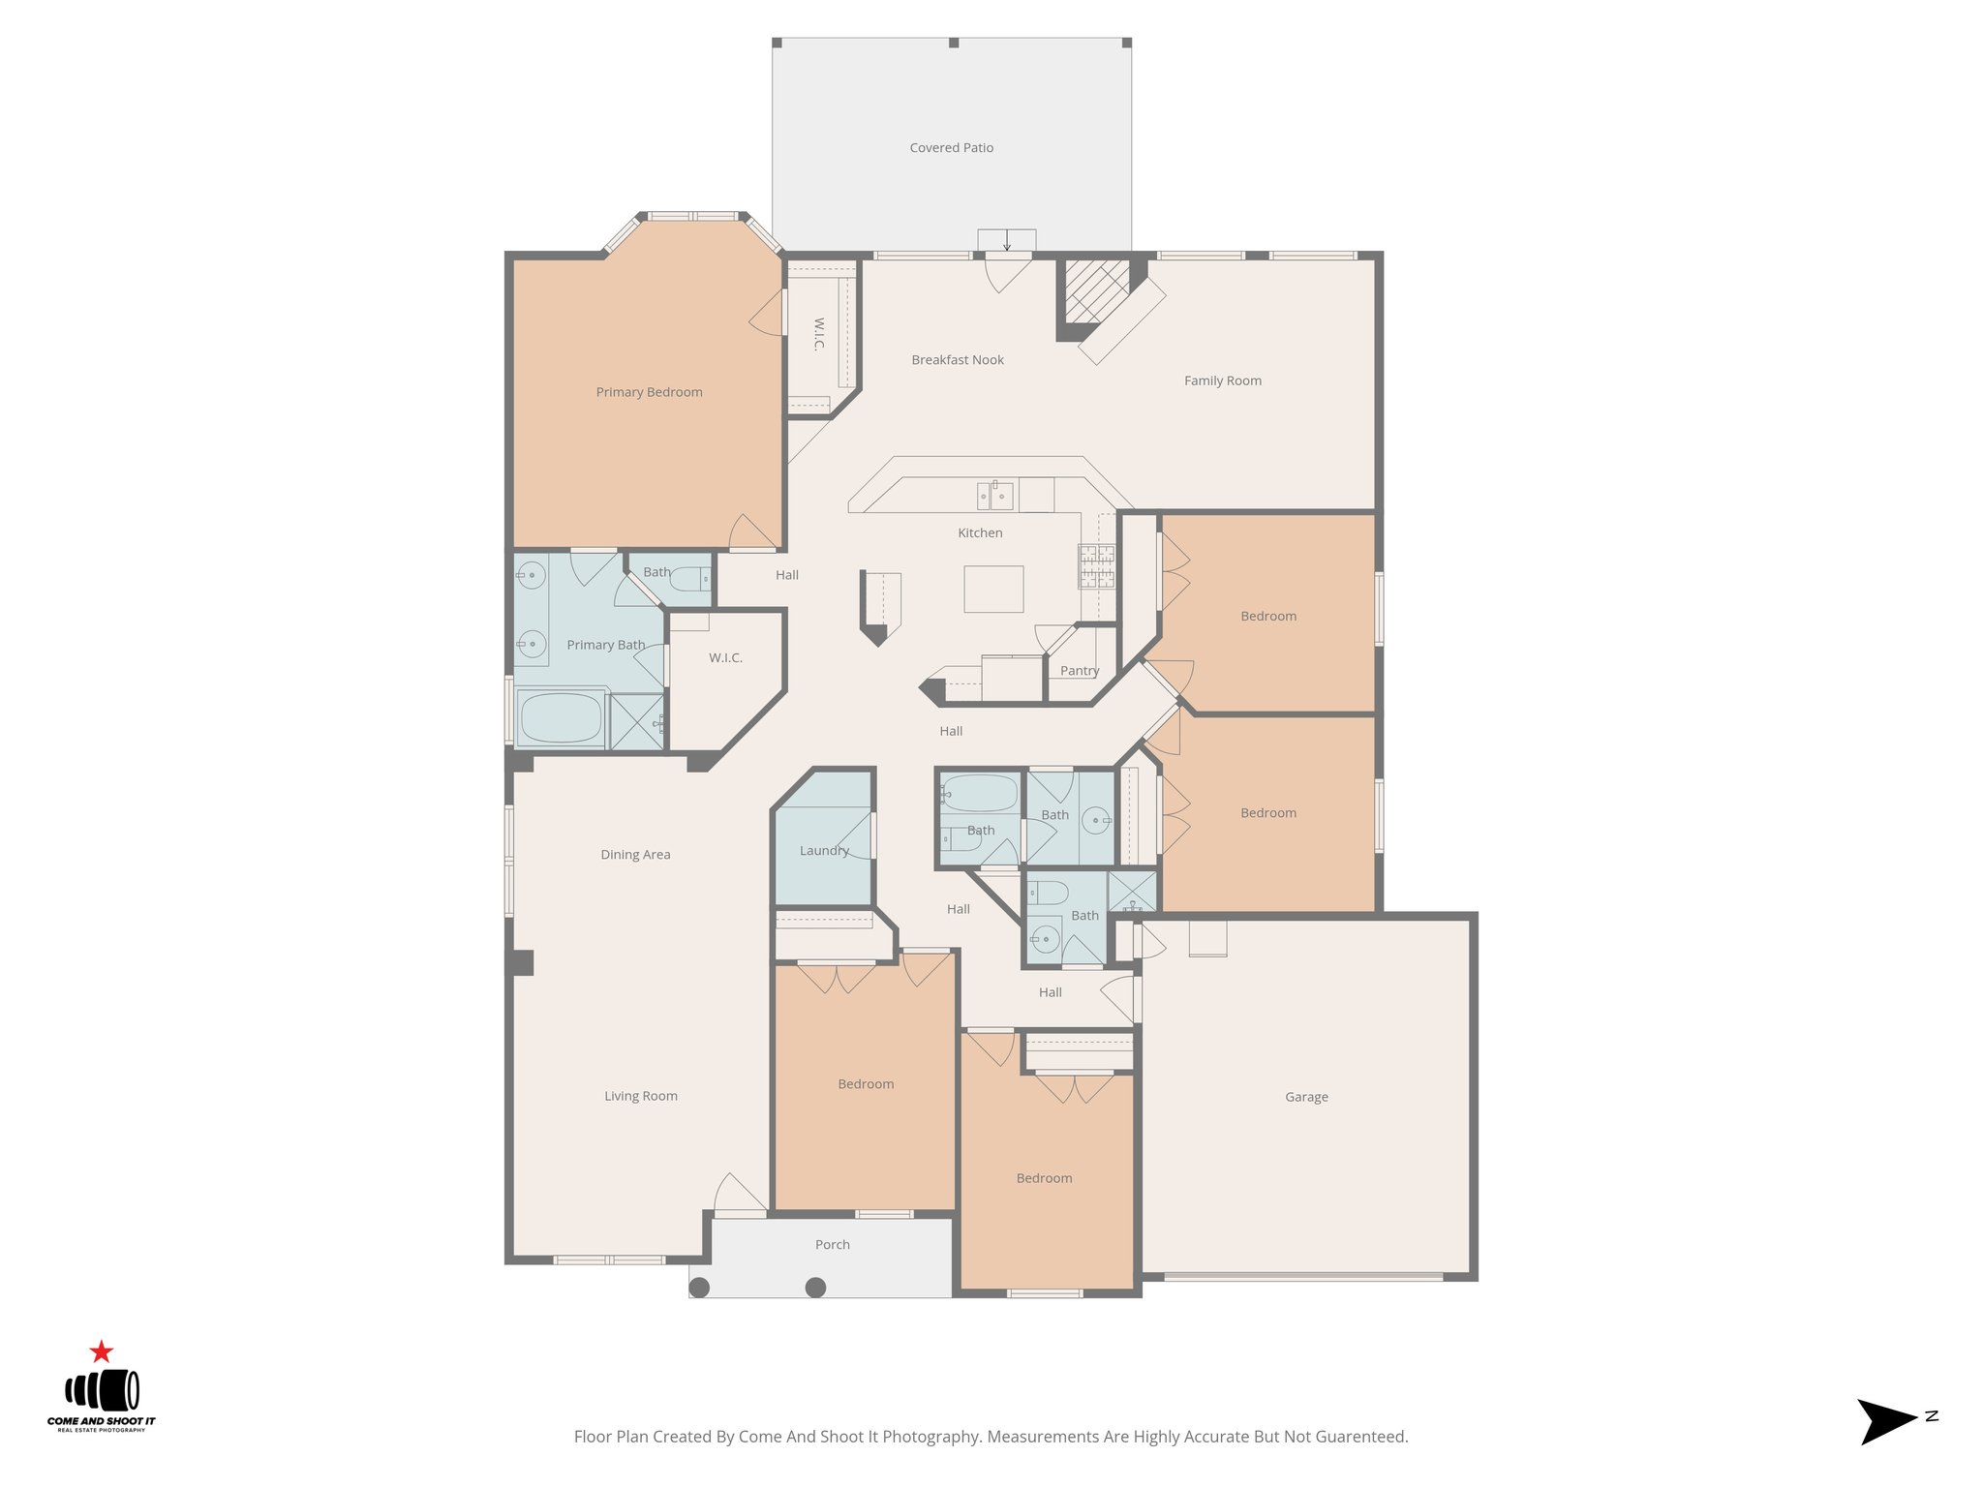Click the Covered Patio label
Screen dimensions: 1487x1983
[x=951, y=148]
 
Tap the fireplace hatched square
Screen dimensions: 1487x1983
[x=1097, y=290]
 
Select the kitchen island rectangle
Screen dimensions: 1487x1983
[x=993, y=589]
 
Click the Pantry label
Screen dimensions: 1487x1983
[x=1079, y=671]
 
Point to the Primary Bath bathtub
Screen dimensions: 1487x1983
[x=561, y=718]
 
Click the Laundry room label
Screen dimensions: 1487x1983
[x=824, y=851]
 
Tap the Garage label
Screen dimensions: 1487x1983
[x=1306, y=1097]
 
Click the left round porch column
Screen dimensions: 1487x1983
[x=699, y=1287]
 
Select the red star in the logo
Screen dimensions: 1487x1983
[x=102, y=1351]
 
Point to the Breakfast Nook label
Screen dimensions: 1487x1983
[x=958, y=360]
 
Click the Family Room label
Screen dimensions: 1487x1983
[x=1223, y=381]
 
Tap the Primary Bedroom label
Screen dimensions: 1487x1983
[x=649, y=392]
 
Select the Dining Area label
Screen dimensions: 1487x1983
[x=635, y=855]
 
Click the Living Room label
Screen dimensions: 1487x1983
[x=641, y=1096]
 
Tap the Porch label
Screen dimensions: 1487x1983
[x=832, y=1245]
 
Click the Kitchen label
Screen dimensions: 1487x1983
[x=980, y=533]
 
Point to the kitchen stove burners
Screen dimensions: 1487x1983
[x=1097, y=567]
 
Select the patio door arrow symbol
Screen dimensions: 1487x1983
[x=1007, y=240]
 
